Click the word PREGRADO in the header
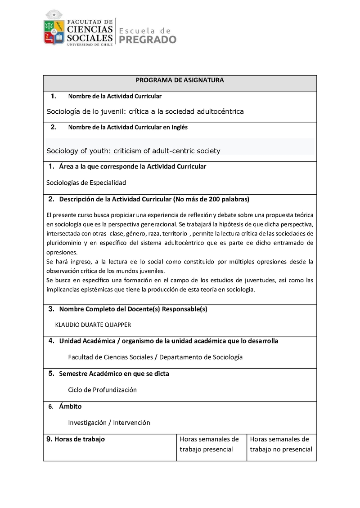147,40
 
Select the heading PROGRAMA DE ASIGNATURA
180,80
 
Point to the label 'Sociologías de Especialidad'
86,183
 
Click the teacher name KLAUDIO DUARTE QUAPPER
93,325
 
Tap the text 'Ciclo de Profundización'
102,390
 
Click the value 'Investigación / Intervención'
109,423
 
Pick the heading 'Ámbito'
70,406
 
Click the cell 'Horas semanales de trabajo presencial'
209,444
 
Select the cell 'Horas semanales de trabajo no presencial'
281,444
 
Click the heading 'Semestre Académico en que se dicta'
114,374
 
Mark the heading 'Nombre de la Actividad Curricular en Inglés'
128,127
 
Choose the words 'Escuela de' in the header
144,30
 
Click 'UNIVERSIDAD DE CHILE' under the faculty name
90,45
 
